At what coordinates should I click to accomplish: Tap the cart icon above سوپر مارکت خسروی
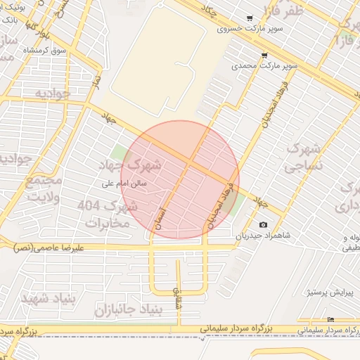[x=249, y=18]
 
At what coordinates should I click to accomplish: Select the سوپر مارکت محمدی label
[x=266, y=66]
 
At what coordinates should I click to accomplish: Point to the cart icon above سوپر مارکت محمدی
[x=264, y=55]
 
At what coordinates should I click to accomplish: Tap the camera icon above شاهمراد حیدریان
[x=263, y=225]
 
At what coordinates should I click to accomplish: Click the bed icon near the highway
[x=331, y=320]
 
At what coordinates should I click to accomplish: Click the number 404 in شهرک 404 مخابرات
[x=88, y=206]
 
